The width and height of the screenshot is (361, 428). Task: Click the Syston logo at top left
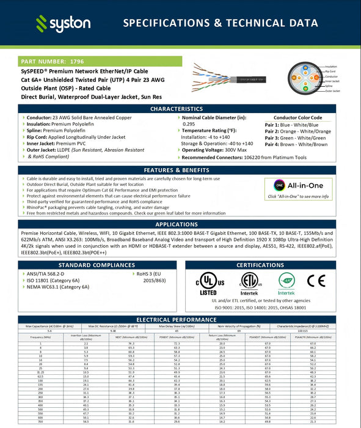[64, 24]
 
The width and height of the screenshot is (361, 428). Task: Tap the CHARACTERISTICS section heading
[180, 109]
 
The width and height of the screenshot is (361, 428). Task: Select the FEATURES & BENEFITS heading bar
[180, 170]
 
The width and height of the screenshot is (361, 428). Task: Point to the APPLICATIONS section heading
[180, 224]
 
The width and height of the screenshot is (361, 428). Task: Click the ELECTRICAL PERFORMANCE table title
[180, 319]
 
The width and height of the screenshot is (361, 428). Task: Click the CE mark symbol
[316, 281]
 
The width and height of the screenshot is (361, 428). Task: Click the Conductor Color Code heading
[298, 117]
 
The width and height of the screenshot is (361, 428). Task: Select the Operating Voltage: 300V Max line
[213, 150]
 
